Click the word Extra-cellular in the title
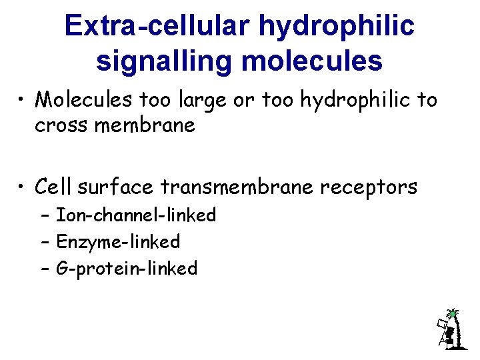tap(158, 26)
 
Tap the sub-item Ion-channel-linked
tap(136, 215)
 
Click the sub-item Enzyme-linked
tap(118, 242)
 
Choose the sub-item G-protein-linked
tap(127, 269)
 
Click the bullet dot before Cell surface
tap(21, 188)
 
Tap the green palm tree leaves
tap(453, 313)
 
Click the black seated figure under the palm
tap(451, 333)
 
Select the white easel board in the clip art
tap(441, 326)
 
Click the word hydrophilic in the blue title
tap(337, 26)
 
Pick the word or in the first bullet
tap(243, 101)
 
